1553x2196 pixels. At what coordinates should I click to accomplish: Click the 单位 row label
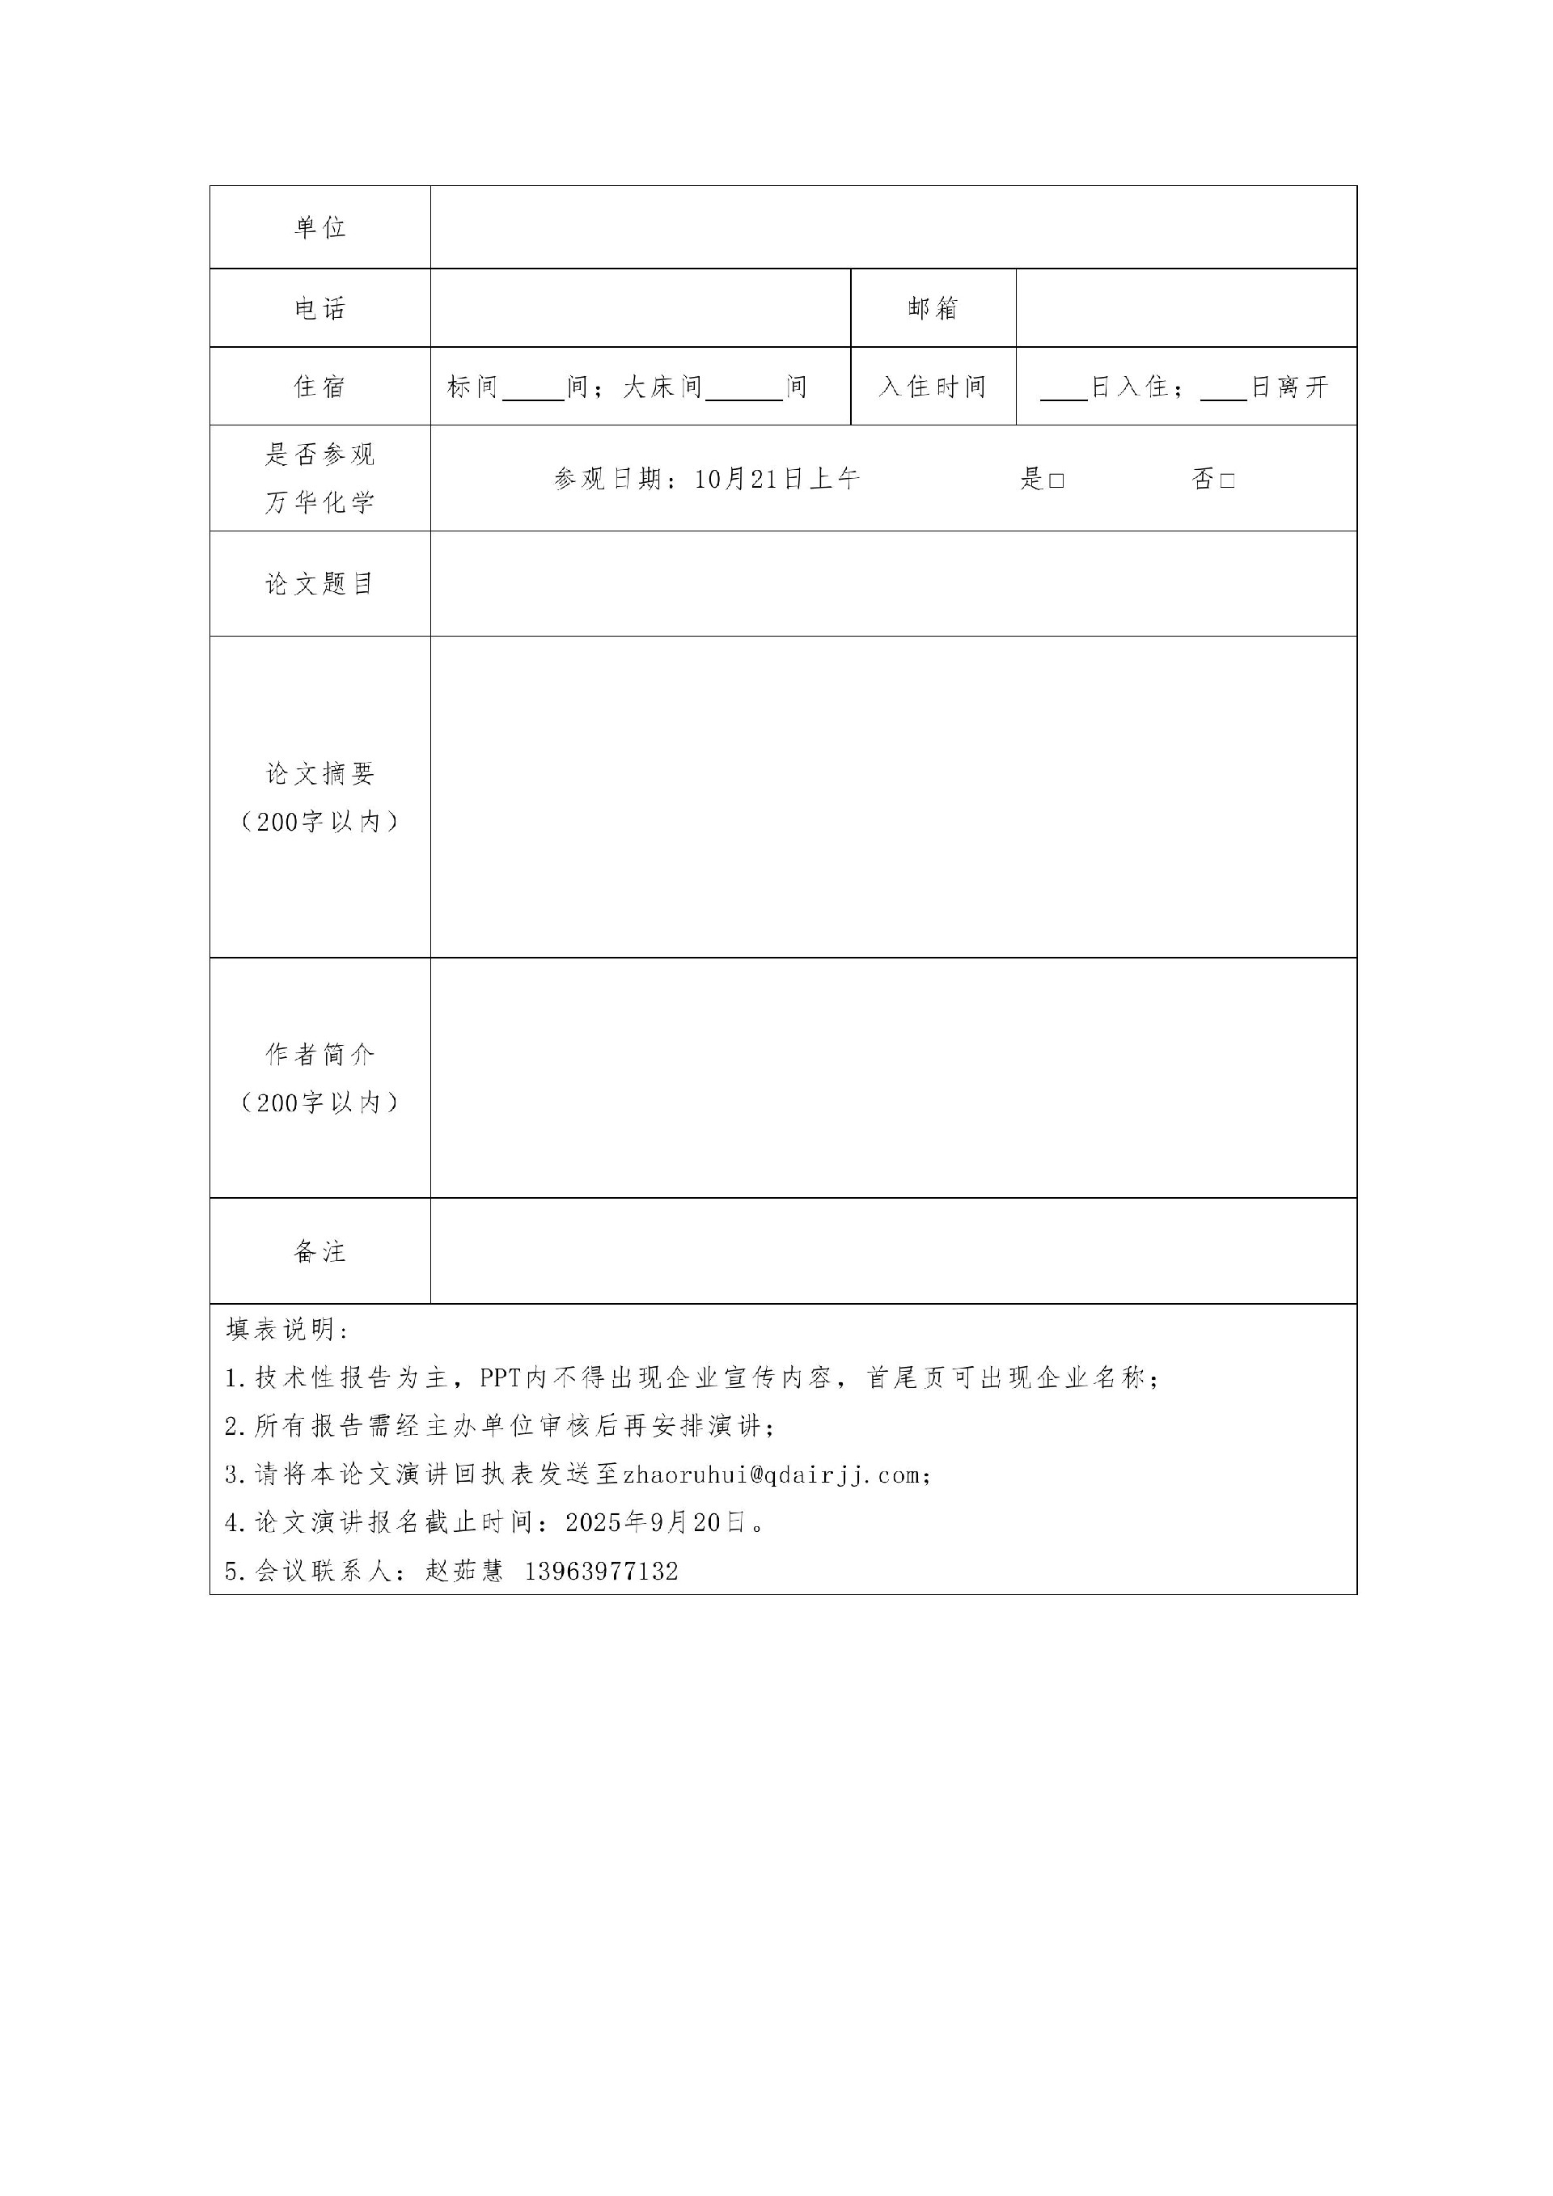[319, 227]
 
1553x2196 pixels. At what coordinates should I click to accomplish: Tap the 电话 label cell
[319, 308]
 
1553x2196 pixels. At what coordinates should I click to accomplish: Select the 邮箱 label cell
[933, 308]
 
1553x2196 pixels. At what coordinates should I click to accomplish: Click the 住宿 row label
[319, 387]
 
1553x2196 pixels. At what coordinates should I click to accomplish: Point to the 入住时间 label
[933, 387]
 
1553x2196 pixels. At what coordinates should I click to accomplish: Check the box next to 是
[1056, 480]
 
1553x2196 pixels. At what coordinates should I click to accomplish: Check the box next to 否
[1227, 480]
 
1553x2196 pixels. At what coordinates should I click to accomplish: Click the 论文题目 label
[319, 583]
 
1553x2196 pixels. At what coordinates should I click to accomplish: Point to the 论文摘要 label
[319, 774]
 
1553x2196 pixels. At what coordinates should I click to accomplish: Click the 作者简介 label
[319, 1054]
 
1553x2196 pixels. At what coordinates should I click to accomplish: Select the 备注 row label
[319, 1251]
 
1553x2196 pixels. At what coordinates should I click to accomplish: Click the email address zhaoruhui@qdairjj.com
[772, 1474]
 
